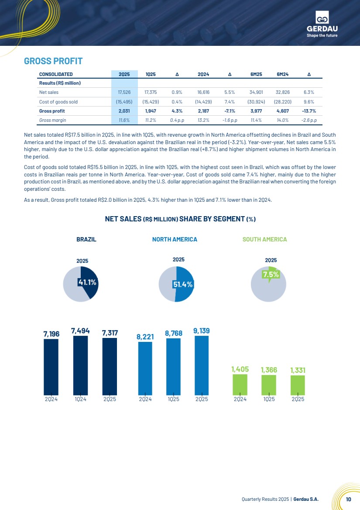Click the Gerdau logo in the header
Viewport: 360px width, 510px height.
[x=322, y=24]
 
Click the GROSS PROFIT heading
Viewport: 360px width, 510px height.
[x=53, y=61]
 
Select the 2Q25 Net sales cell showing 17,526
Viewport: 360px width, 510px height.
[x=124, y=93]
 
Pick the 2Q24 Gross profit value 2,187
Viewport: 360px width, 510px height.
[x=203, y=111]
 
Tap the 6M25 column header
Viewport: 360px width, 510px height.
[x=256, y=74]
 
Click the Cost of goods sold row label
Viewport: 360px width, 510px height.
[x=58, y=102]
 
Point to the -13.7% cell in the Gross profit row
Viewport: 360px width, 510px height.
[x=309, y=111]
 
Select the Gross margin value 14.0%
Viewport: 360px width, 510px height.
[x=282, y=120]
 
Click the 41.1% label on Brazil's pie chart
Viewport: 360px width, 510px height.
[x=87, y=283]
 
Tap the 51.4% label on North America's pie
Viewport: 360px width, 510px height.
[x=183, y=284]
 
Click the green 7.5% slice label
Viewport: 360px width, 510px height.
[x=271, y=275]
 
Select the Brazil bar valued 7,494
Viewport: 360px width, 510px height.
[x=81, y=365]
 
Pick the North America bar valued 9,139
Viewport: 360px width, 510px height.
[x=202, y=365]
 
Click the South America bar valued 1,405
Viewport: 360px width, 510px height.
[x=240, y=385]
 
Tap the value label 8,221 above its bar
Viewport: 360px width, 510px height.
[x=145, y=337]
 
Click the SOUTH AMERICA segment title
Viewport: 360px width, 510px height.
[x=265, y=239]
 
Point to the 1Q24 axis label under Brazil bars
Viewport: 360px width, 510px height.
[x=81, y=399]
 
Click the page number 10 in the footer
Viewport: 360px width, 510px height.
[x=349, y=499]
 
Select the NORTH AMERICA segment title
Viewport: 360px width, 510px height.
[x=175, y=239]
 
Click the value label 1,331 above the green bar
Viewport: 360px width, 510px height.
[x=298, y=370]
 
